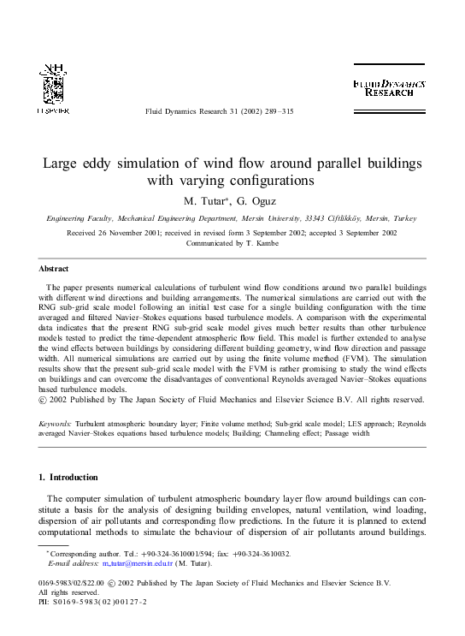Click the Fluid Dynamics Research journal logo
pyautogui.click(x=389, y=87)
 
